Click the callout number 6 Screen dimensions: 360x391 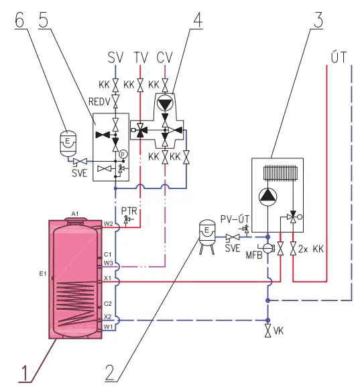click(x=19, y=19)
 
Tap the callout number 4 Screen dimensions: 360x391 click(x=198, y=19)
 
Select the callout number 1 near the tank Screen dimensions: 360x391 click(x=25, y=374)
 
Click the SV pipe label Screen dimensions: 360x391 click(x=115, y=58)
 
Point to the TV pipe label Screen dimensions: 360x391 click(x=141, y=58)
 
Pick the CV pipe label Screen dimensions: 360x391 click(x=164, y=58)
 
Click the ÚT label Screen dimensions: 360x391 click(x=339, y=57)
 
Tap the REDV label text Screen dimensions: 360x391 click(x=99, y=102)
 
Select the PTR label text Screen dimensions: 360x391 click(x=129, y=211)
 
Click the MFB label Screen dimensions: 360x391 click(x=254, y=255)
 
